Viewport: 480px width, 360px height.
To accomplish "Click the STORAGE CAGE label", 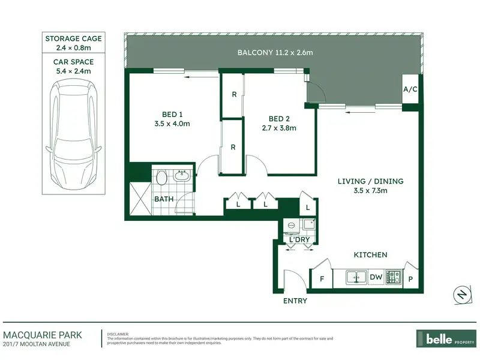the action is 73,38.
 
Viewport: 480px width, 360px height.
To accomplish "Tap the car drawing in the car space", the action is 73,134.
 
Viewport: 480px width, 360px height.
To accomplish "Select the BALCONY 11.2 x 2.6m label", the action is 275,52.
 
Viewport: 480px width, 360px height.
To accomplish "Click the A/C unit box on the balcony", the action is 410,89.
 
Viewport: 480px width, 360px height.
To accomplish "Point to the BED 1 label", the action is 172,115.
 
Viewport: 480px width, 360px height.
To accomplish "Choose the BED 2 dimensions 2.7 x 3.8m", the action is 279,128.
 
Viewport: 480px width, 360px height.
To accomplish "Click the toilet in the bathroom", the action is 161,177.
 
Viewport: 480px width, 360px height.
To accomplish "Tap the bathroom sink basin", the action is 182,176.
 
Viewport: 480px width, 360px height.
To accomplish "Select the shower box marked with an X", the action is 140,199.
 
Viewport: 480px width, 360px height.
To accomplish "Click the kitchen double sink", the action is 356,277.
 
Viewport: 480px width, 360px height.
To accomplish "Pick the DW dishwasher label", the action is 376,277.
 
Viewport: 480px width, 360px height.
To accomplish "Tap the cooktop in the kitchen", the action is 394,277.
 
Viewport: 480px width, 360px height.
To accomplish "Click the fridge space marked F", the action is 322,278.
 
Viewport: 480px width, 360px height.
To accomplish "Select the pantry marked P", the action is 411,278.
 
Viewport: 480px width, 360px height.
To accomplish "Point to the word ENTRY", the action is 295,301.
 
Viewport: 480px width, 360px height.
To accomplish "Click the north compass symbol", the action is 462,295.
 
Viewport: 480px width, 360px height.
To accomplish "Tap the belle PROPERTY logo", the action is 446,338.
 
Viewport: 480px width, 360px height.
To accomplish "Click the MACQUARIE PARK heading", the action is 43,335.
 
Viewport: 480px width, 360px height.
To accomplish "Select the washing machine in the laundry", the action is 292,226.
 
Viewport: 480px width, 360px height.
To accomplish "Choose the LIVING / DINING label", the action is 370,181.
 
